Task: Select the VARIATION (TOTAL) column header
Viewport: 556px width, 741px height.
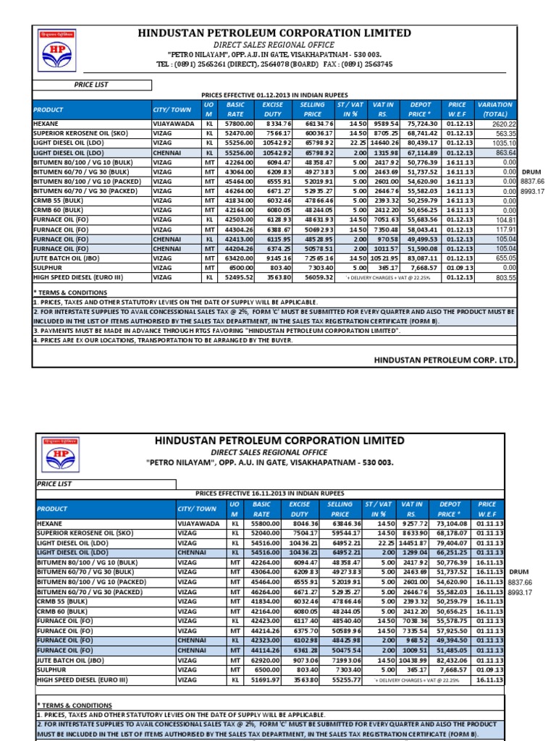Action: (495, 109)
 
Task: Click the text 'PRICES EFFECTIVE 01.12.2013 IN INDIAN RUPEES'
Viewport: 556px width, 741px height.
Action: (274, 95)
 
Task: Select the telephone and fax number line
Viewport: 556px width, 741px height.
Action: (275, 64)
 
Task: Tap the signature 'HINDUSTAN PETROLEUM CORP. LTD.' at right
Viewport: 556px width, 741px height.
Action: (445, 360)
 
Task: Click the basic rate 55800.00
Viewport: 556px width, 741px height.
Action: (263, 522)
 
